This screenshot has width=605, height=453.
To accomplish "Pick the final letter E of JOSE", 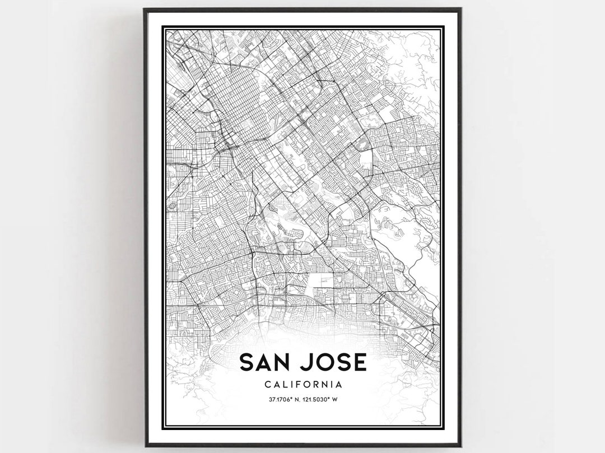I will tap(360, 362).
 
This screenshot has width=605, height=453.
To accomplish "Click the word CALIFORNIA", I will tap(302, 385).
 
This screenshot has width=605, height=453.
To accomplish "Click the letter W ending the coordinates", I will tap(339, 399).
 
